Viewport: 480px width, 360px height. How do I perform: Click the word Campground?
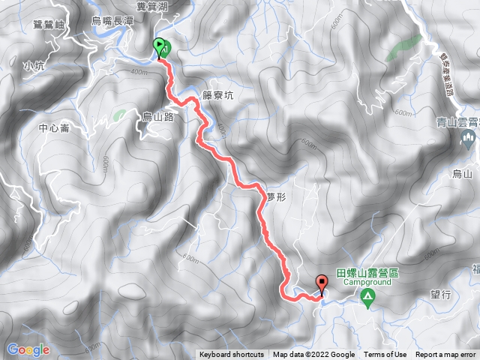click(367, 283)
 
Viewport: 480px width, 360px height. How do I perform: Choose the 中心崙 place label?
click(54, 128)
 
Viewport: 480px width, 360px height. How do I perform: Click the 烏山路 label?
click(159, 116)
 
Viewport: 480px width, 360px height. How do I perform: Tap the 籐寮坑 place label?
click(220, 94)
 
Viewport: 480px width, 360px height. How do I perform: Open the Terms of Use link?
click(385, 355)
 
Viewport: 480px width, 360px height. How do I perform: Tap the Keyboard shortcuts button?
click(231, 355)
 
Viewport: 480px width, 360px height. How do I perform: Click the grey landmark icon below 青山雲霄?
click(469, 137)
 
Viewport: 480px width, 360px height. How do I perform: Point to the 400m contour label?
click(140, 71)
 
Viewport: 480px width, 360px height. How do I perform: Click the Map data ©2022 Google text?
click(313, 355)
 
